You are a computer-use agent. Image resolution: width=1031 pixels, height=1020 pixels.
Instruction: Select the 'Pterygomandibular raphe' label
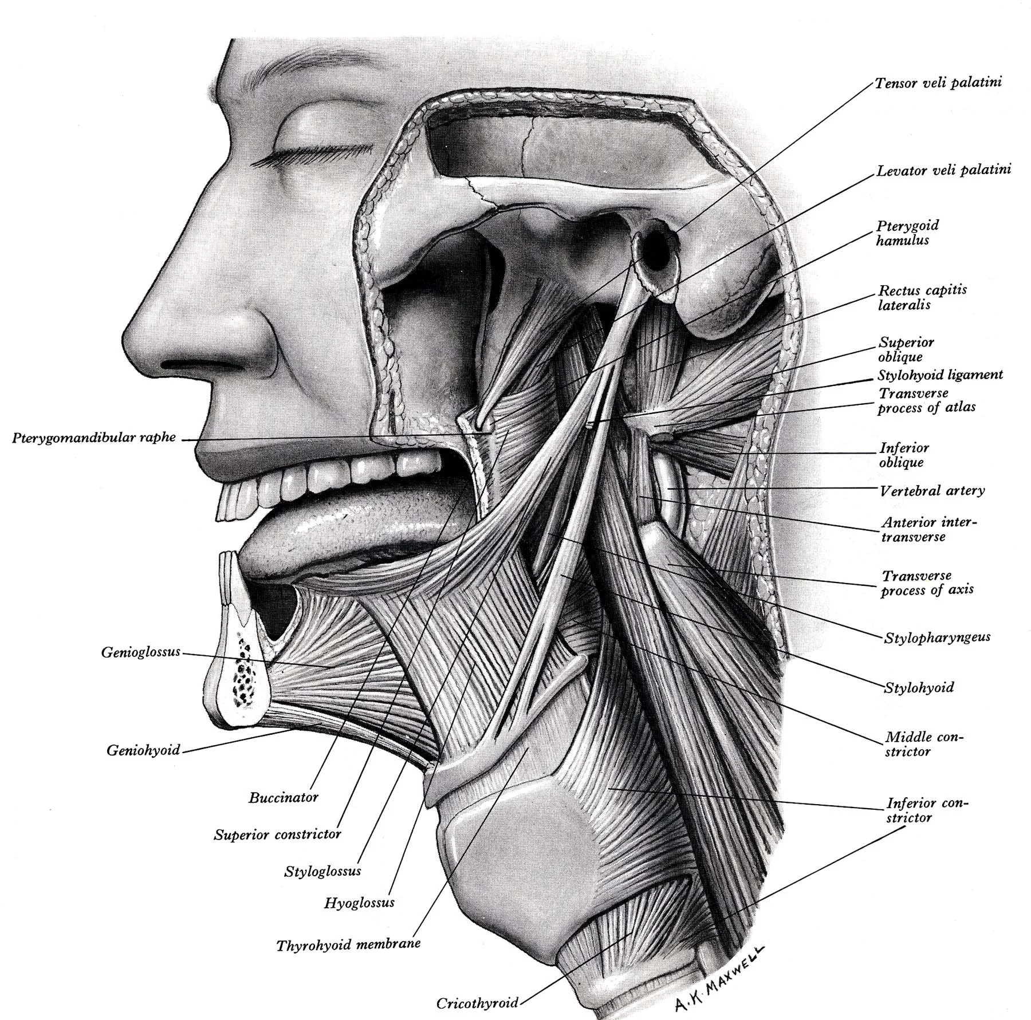tap(94, 438)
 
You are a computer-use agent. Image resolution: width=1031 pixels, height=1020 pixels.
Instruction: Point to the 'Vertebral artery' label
tap(932, 490)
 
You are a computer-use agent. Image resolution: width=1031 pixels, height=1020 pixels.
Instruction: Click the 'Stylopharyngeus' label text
tap(937, 637)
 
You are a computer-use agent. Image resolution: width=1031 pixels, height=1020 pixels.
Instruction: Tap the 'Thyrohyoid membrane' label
tap(348, 944)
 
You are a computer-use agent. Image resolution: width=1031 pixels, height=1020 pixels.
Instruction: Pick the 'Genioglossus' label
tap(140, 652)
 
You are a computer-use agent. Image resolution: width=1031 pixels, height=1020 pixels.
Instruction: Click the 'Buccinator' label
tap(283, 797)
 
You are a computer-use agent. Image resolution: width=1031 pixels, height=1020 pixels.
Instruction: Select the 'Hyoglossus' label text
tap(359, 903)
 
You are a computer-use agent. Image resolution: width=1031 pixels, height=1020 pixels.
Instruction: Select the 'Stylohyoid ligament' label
tap(941, 375)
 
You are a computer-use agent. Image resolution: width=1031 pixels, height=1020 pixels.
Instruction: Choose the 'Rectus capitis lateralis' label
tap(922, 297)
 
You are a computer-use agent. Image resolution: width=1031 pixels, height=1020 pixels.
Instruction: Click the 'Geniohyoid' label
tap(143, 750)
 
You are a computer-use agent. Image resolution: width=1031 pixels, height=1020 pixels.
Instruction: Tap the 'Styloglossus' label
tap(322, 872)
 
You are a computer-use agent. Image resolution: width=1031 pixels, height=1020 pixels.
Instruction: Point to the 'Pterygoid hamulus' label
tap(907, 233)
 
